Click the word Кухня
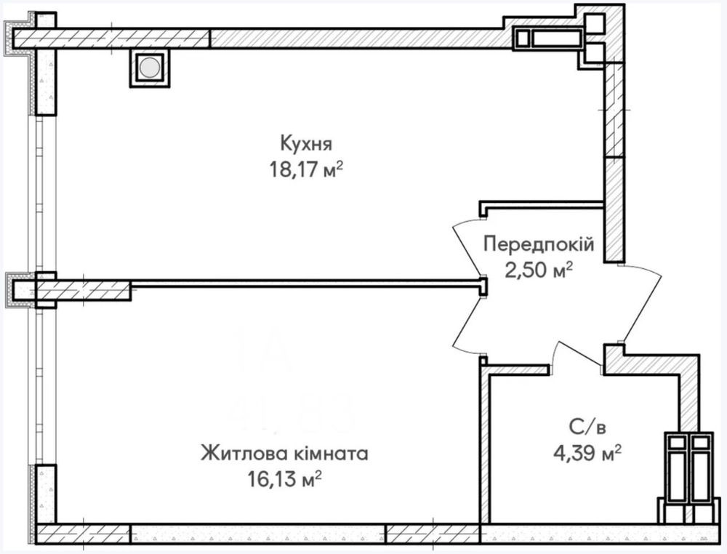click(299, 141)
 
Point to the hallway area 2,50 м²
click(539, 270)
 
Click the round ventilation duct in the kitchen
click(149, 68)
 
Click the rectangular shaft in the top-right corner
click(550, 39)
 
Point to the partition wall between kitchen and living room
click(305, 283)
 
